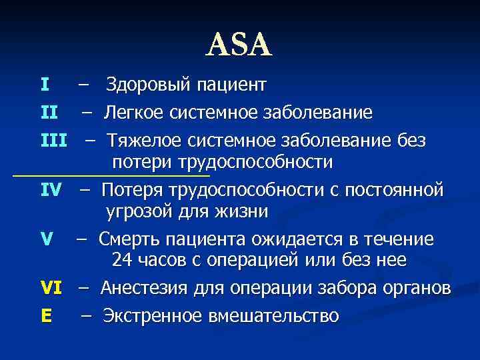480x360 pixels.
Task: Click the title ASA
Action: point(239,45)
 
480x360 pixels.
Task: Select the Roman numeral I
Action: point(44,85)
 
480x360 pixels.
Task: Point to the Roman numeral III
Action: point(54,141)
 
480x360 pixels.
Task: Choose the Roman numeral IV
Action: point(51,190)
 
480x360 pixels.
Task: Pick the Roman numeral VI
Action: point(51,288)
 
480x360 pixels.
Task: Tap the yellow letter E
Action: point(45,315)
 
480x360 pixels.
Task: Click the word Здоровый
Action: point(146,85)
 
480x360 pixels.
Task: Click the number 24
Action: point(125,261)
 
